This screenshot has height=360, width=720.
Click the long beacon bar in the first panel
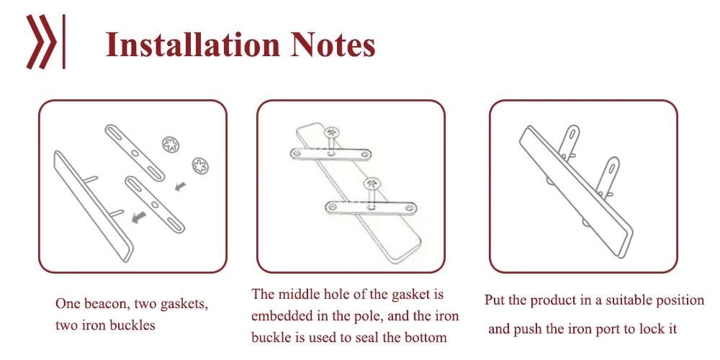(x=94, y=204)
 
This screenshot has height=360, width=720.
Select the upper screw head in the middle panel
(x=333, y=132)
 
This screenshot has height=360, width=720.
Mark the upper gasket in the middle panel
(x=332, y=154)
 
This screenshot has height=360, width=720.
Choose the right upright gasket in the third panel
(x=611, y=173)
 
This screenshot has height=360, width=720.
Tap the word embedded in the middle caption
(x=282, y=316)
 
